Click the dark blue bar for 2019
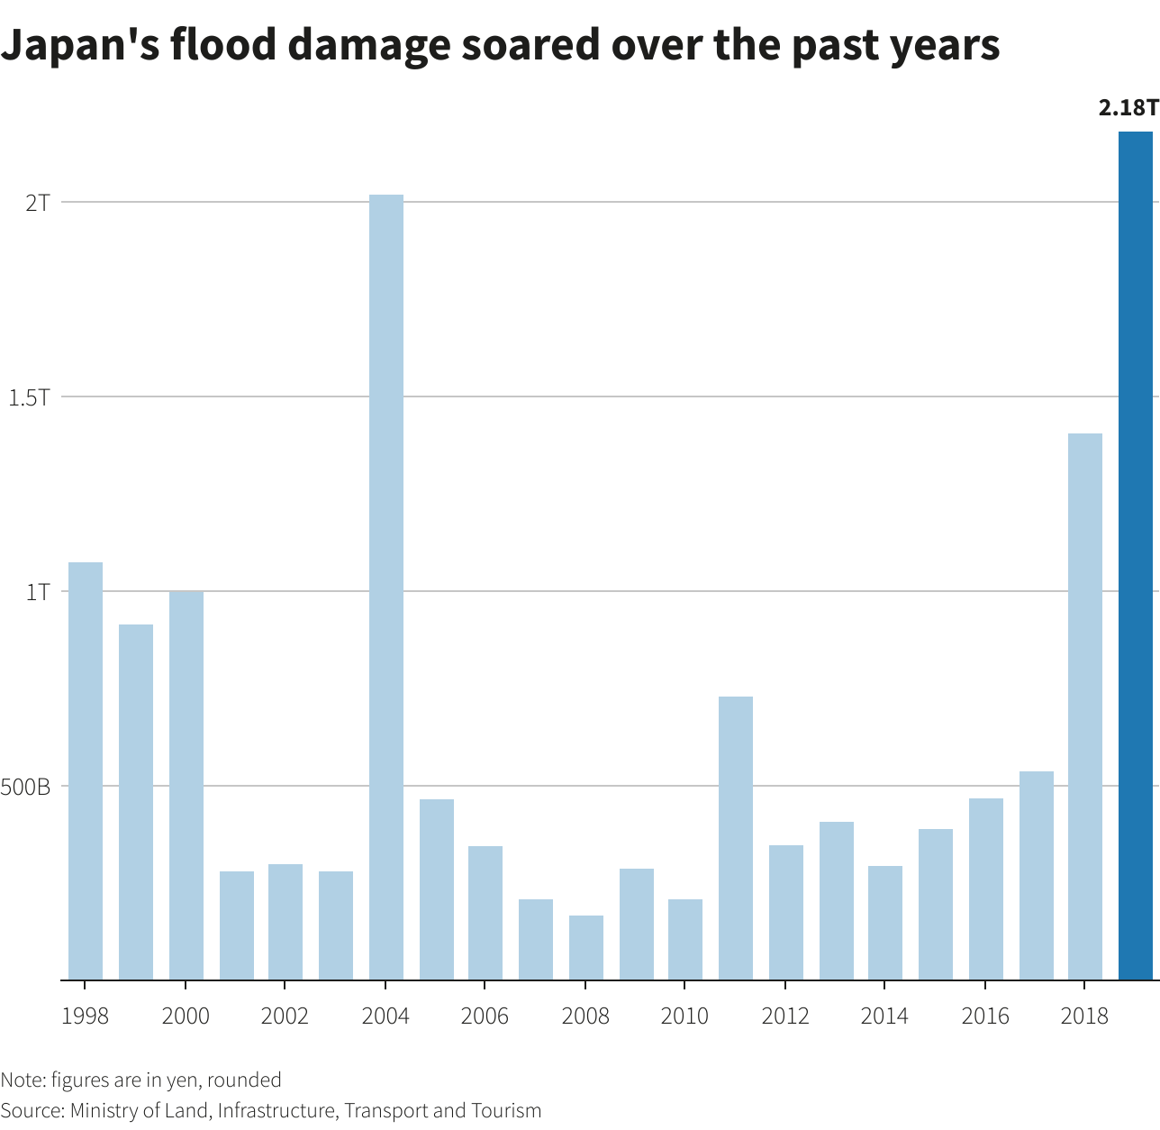(1135, 556)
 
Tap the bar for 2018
(1084, 706)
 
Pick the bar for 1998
(86, 770)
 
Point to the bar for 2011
(735, 838)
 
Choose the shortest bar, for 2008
(585, 948)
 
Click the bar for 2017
(1036, 875)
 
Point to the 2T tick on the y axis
(38, 202)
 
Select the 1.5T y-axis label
(29, 396)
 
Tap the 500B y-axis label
(26, 787)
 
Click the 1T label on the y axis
(38, 592)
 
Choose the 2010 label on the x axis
(684, 1016)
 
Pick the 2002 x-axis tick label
(285, 1016)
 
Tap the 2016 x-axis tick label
(985, 1016)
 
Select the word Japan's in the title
(78, 43)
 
